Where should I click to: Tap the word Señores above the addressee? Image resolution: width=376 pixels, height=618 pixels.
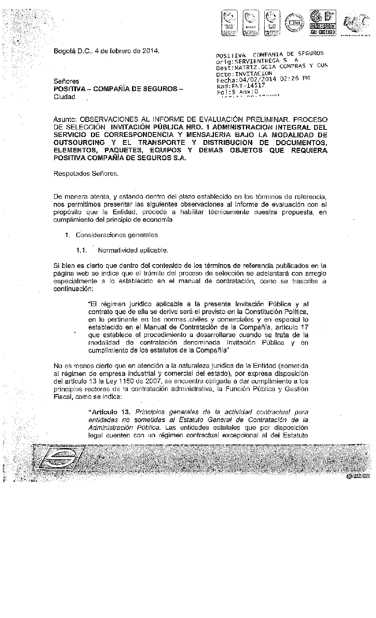click(x=67, y=81)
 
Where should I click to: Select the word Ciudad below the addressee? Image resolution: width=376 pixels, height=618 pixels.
click(x=65, y=97)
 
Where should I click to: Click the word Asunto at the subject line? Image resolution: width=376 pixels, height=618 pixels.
click(x=65, y=119)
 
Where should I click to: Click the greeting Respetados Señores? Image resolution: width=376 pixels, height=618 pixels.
click(x=86, y=174)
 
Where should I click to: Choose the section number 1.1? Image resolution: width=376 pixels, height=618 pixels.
click(x=82, y=250)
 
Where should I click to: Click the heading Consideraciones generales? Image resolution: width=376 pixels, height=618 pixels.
click(x=117, y=235)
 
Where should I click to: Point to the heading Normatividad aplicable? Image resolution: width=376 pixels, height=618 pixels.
click(x=132, y=250)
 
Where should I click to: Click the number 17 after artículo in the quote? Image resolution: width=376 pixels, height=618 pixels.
click(x=305, y=327)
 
